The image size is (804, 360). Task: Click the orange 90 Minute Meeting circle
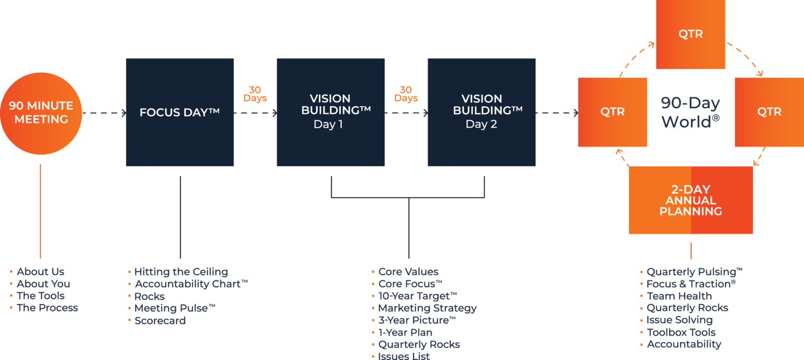[41, 113]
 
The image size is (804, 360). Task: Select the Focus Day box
[180, 112]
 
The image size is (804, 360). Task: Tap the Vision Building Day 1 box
[330, 112]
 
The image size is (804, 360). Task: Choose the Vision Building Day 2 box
[481, 112]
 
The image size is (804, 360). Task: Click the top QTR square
[690, 35]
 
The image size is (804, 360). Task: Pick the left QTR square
[612, 112]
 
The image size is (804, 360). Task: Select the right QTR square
[769, 112]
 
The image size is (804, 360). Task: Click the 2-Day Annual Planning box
[690, 200]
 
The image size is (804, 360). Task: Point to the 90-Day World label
[690, 112]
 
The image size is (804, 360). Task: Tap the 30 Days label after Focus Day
[255, 94]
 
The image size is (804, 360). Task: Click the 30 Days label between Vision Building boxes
[406, 94]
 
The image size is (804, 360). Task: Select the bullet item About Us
[40, 272]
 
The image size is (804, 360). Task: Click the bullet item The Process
[47, 308]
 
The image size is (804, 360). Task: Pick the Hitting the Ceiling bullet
[181, 272]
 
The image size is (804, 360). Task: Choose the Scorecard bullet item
[160, 320]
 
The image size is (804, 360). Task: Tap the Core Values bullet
[408, 272]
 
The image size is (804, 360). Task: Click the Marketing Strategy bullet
[427, 308]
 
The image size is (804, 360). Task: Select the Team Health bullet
[679, 296]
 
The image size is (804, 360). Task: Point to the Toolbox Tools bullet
[681, 332]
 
